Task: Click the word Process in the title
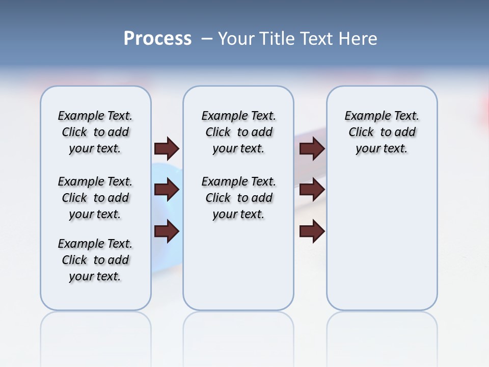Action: point(157,39)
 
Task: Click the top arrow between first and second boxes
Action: point(167,149)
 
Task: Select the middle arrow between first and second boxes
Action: point(167,190)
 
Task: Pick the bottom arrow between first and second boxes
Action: point(167,231)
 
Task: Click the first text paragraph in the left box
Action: point(95,132)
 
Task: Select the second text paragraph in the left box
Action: point(95,198)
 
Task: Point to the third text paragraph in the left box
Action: point(95,260)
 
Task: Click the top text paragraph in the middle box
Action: point(238,132)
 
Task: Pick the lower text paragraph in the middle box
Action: point(238,198)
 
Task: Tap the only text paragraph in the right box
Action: point(382,132)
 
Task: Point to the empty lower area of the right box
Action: point(382,240)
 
